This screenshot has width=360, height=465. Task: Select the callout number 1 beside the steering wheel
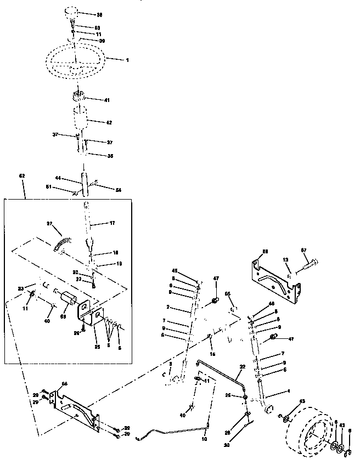128,59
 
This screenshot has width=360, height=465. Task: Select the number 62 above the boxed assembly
22,176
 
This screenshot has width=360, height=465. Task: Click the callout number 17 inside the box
112,223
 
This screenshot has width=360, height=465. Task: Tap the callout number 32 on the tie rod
242,367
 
